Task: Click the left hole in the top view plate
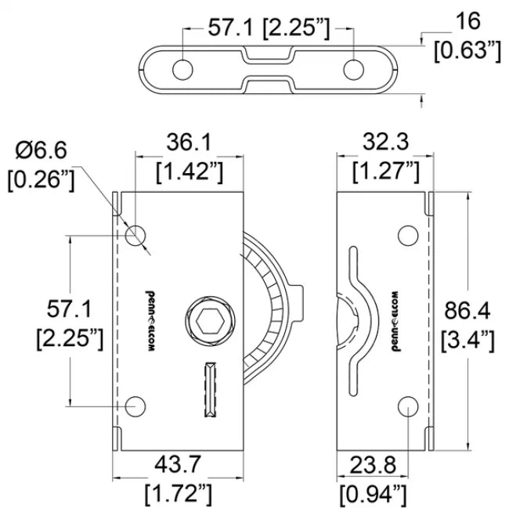click(182, 69)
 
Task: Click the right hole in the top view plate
click(353, 69)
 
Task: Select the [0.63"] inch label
click(467, 52)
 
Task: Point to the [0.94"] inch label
click(373, 493)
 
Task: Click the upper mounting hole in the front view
click(136, 233)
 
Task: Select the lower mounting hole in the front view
click(136, 406)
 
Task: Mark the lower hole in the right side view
click(407, 406)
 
